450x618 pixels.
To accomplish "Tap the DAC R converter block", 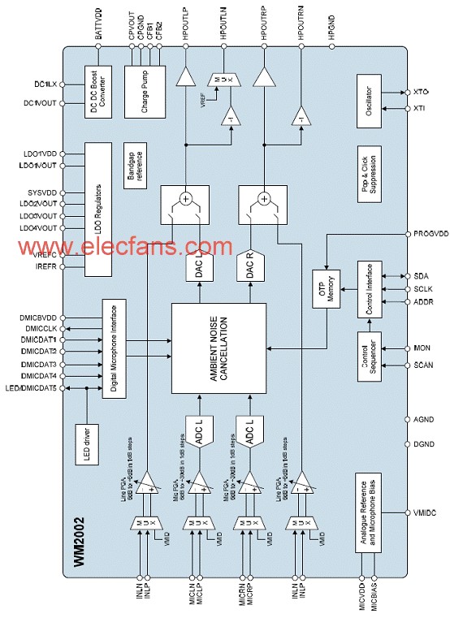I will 251,267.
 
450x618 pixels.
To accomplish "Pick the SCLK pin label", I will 422,289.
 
